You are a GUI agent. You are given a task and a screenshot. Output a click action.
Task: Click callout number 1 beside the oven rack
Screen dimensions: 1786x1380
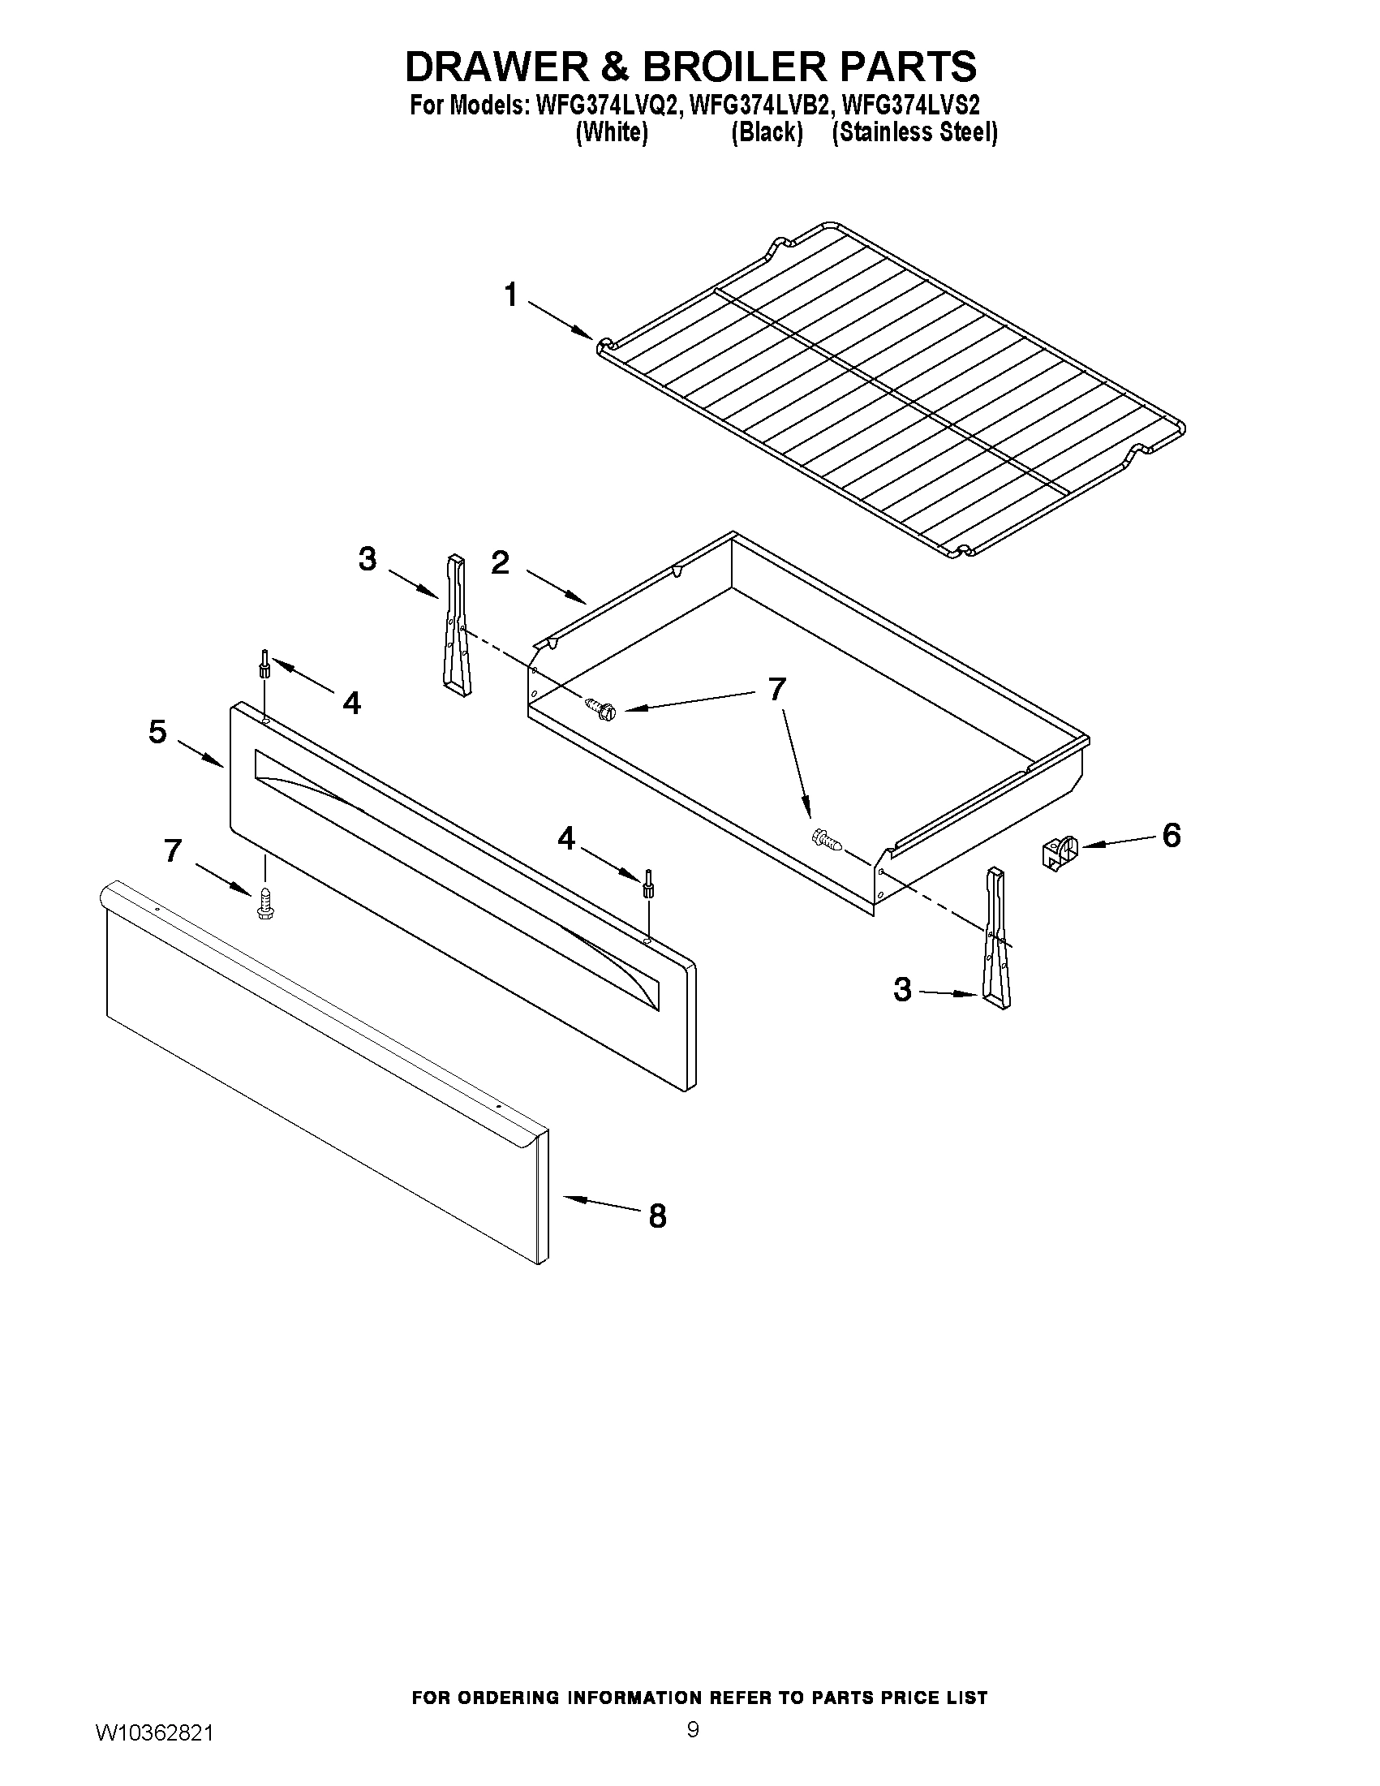click(x=511, y=295)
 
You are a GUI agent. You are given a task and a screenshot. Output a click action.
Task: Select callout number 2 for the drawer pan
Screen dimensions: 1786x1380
click(x=500, y=562)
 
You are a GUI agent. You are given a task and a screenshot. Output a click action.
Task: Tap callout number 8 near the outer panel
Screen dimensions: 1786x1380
click(x=657, y=1217)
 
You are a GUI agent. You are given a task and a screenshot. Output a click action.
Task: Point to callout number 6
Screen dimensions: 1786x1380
click(x=1171, y=836)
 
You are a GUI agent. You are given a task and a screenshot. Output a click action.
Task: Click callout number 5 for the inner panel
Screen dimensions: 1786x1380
click(x=157, y=732)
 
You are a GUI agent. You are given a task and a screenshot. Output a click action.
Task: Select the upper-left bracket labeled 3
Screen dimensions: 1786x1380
click(x=454, y=626)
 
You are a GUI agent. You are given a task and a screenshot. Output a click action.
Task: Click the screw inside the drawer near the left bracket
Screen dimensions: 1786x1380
click(x=599, y=708)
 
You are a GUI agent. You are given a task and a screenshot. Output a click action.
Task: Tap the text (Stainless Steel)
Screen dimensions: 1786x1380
click(x=914, y=133)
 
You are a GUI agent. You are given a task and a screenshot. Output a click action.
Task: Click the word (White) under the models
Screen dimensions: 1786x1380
click(x=612, y=133)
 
